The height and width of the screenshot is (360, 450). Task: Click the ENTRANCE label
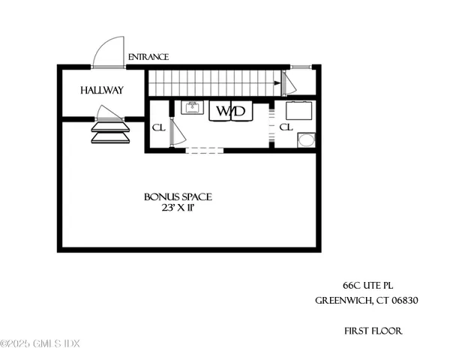pyautogui.click(x=148, y=57)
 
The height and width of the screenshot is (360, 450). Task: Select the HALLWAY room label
pyautogui.click(x=102, y=90)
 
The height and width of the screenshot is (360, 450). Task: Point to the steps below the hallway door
pyautogui.click(x=109, y=132)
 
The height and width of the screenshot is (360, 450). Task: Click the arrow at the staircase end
pyautogui.click(x=279, y=83)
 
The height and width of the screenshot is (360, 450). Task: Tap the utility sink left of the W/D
pyautogui.click(x=193, y=109)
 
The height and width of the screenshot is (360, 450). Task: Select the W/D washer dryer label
pyautogui.click(x=230, y=112)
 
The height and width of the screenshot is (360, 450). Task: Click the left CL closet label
pyautogui.click(x=157, y=127)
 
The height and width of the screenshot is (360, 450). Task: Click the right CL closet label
pyautogui.click(x=285, y=127)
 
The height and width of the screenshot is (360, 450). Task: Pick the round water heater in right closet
pyautogui.click(x=306, y=140)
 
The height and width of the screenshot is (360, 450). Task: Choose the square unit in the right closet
pyautogui.click(x=304, y=111)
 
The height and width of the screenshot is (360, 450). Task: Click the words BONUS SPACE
pyautogui.click(x=178, y=197)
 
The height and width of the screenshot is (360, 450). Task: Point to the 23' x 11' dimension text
pyautogui.click(x=178, y=209)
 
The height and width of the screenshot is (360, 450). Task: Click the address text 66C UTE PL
pyautogui.click(x=368, y=286)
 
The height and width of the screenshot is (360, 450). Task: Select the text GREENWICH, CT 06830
pyautogui.click(x=366, y=301)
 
